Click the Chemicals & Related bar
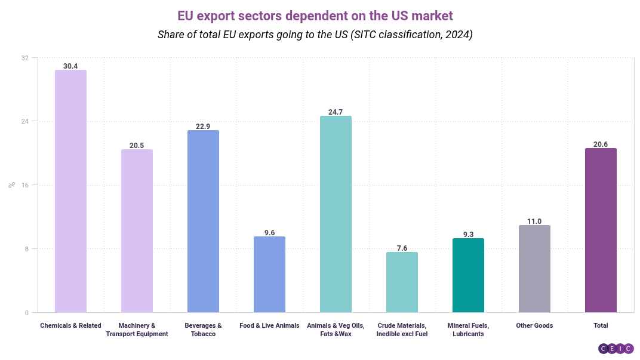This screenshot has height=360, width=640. (70, 191)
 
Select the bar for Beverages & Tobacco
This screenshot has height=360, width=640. (203, 221)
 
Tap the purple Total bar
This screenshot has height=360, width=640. (601, 230)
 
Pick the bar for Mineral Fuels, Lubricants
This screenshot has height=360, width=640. (468, 275)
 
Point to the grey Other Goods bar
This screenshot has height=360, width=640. (534, 269)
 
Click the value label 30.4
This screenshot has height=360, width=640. (70, 66)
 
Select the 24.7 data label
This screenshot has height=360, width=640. (336, 112)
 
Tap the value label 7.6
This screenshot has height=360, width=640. (402, 248)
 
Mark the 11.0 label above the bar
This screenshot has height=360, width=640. (534, 221)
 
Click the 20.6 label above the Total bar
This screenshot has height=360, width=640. (601, 144)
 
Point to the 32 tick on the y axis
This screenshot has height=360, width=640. (24, 58)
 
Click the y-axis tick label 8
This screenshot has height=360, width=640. (26, 249)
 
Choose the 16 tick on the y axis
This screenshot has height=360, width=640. (24, 185)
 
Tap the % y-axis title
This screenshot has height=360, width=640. (11, 185)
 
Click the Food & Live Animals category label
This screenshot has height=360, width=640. (269, 325)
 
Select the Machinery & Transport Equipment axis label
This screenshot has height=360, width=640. (137, 330)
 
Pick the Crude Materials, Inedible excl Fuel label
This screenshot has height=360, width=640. (402, 330)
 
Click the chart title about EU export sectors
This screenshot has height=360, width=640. (315, 14)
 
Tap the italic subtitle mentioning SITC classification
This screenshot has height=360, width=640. (315, 34)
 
